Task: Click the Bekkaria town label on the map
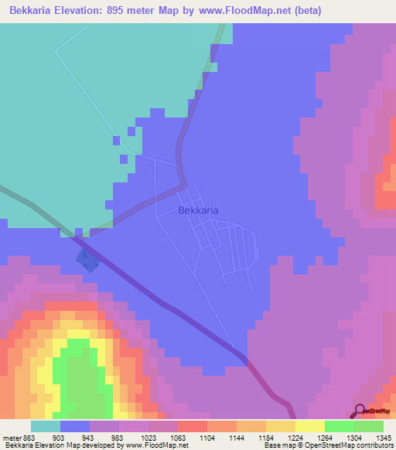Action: (198, 210)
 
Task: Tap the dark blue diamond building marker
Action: (87, 261)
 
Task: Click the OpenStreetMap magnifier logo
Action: (360, 411)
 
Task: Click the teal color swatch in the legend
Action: (46, 426)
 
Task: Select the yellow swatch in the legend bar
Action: (309, 426)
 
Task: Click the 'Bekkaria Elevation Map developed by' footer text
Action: (63, 445)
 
